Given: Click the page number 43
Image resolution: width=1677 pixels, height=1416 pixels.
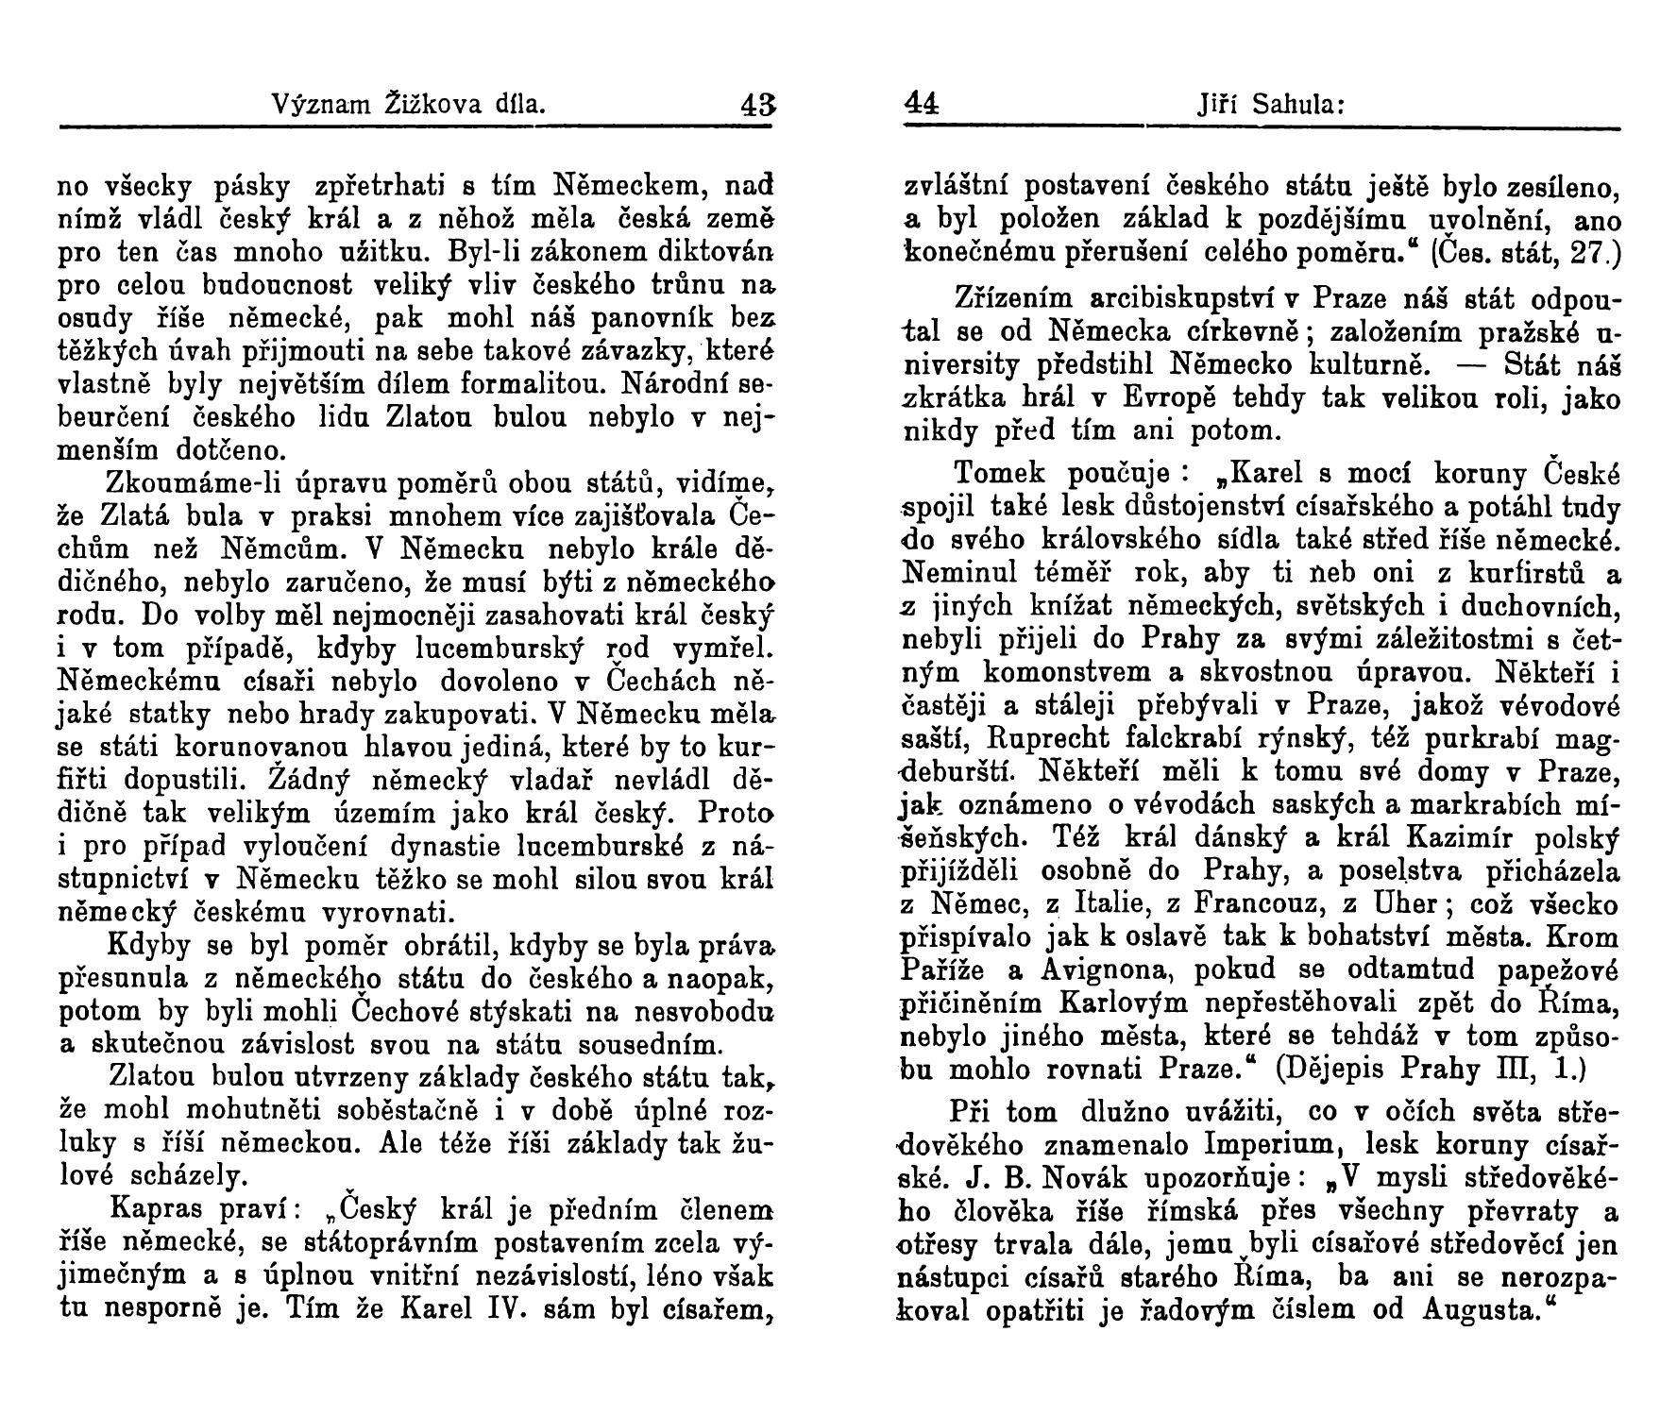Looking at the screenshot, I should click(756, 102).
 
